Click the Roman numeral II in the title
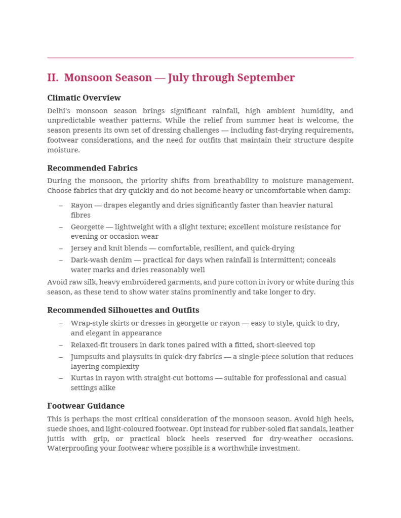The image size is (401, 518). (52, 78)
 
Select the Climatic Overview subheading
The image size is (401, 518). (84, 98)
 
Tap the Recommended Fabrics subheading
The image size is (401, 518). (92, 168)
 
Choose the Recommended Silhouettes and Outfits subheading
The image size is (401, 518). (123, 310)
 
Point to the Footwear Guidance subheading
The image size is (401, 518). (86, 406)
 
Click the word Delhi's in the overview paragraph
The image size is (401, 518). (59, 111)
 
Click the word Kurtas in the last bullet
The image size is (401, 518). (82, 378)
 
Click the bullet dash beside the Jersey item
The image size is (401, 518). (61, 248)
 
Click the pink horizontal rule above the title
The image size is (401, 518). (200, 58)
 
